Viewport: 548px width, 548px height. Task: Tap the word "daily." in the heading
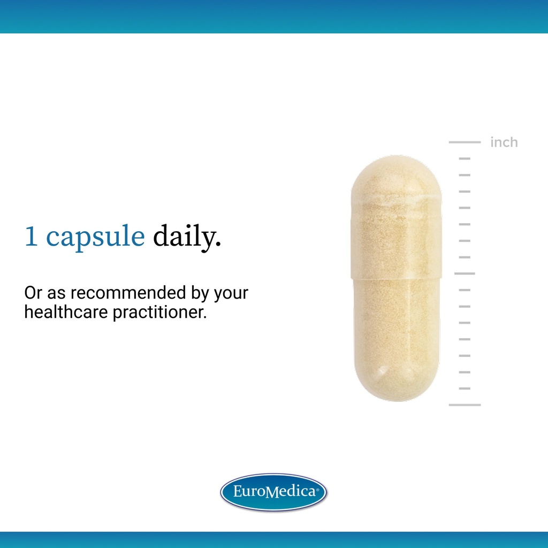pyautogui.click(x=187, y=238)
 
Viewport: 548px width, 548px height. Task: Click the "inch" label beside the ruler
pyautogui.click(x=504, y=142)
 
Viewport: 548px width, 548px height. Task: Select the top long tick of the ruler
pyautogui.click(x=465, y=142)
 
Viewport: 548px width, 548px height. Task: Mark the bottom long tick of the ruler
pyautogui.click(x=465, y=405)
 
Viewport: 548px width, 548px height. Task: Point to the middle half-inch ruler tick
pyautogui.click(x=465, y=273)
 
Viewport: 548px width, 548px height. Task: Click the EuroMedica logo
pyautogui.click(x=273, y=491)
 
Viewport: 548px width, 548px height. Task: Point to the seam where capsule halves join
pyautogui.click(x=396, y=277)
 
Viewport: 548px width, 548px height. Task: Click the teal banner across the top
pyautogui.click(x=274, y=16)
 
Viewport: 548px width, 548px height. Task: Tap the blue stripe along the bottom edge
pyautogui.click(x=274, y=539)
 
